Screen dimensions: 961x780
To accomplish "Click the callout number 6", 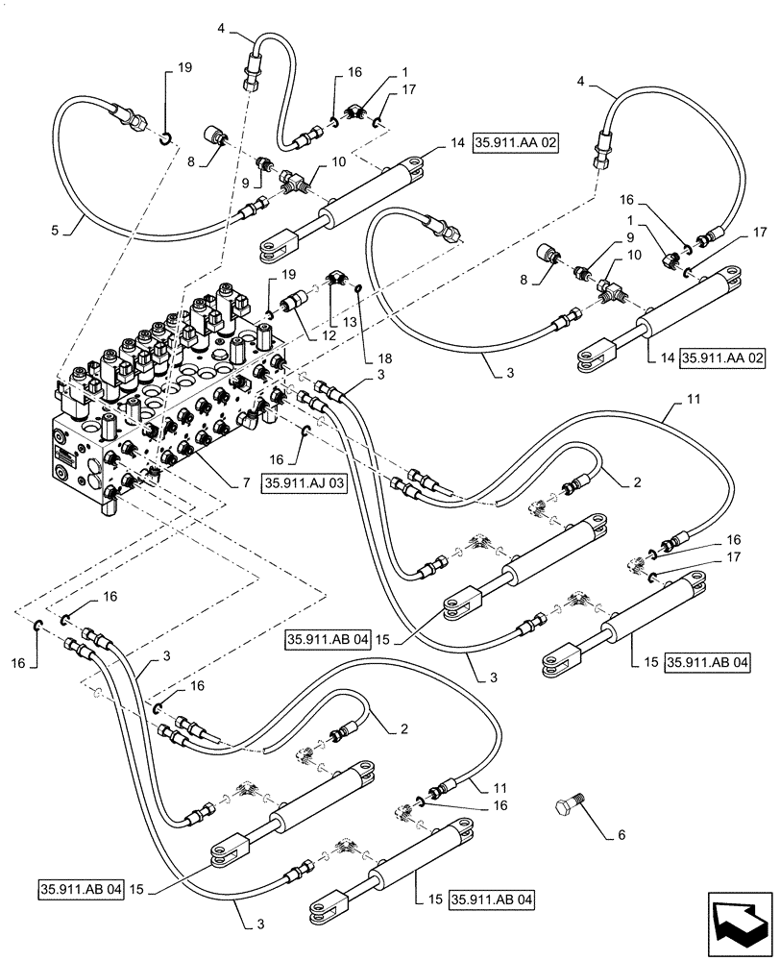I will pyautogui.click(x=622, y=834).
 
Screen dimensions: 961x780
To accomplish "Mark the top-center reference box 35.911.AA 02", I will pyautogui.click(x=515, y=144).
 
